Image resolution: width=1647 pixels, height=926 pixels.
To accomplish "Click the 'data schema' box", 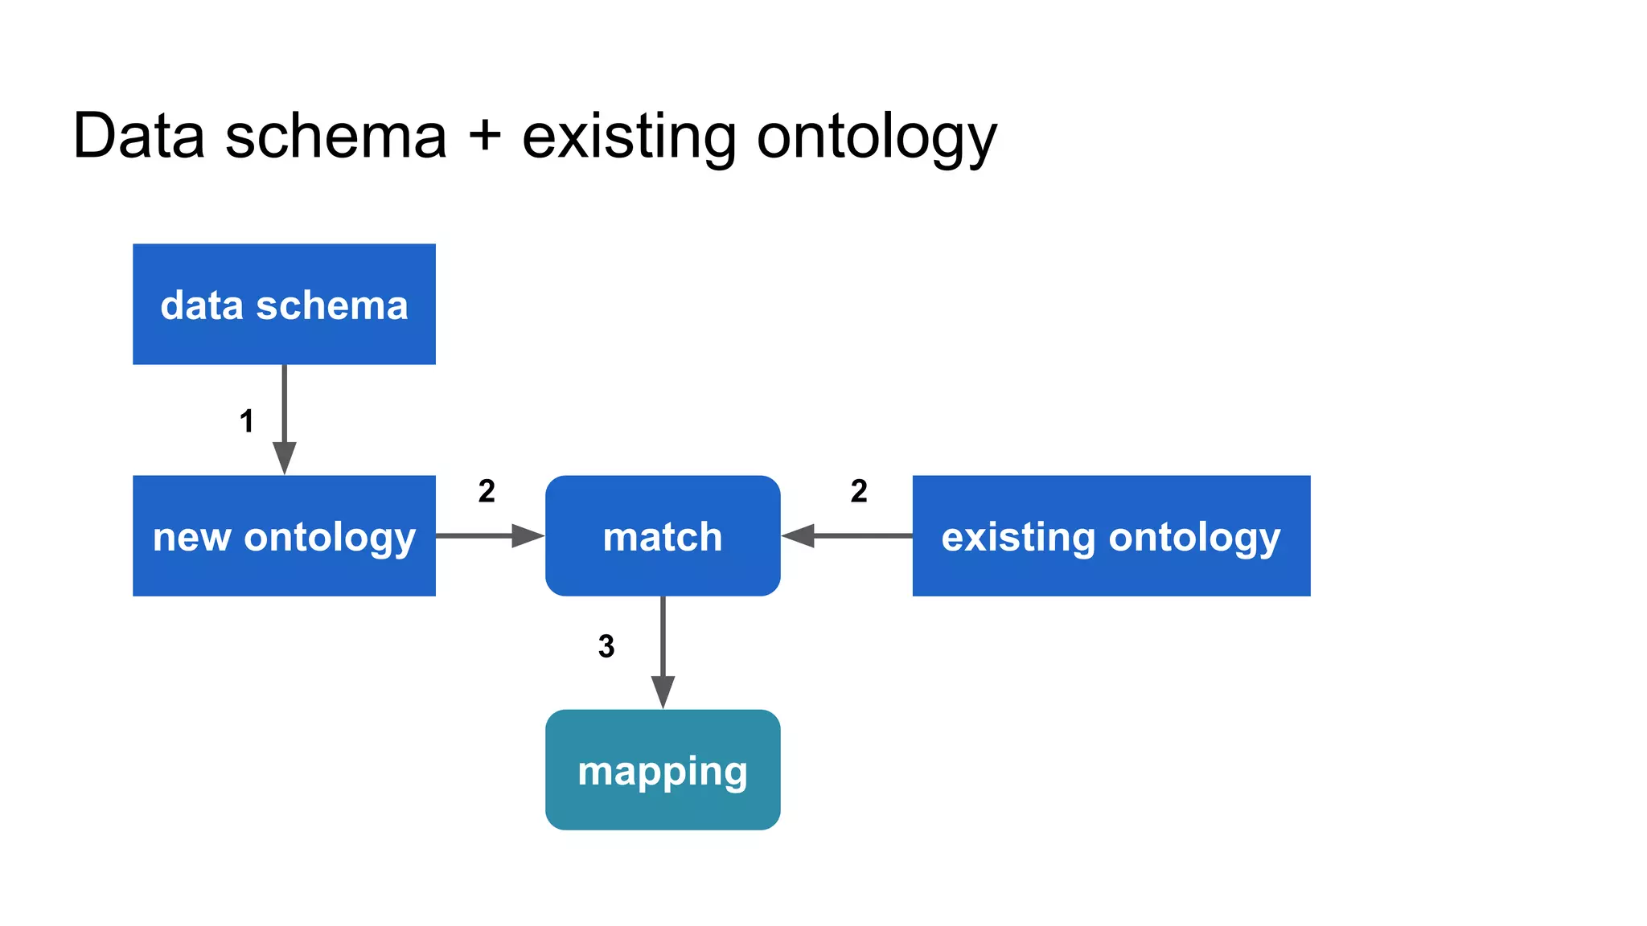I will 284,304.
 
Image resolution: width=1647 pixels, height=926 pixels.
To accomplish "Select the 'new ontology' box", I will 284,535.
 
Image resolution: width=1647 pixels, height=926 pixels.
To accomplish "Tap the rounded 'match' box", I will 663,535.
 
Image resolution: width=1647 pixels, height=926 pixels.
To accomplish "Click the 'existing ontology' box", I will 1111,535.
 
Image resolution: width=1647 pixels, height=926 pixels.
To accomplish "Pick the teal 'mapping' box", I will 663,769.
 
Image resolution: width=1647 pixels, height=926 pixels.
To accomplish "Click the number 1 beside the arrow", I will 247,421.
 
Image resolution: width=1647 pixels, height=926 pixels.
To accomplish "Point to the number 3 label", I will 606,646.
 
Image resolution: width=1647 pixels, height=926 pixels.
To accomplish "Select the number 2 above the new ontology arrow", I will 487,491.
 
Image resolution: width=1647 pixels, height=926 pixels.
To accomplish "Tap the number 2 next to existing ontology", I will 859,491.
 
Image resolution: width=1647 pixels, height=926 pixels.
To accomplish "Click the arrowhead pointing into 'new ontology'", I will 284,457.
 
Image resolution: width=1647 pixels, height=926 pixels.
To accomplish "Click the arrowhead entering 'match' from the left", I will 528,535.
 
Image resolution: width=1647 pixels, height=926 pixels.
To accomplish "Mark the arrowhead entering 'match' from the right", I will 799,535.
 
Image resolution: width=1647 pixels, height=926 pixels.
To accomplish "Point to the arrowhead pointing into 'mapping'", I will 663,691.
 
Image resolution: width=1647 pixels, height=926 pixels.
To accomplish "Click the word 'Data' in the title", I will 138,136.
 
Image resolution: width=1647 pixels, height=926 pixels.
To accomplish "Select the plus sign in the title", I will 484,136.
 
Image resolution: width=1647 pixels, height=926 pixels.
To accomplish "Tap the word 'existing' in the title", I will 628,136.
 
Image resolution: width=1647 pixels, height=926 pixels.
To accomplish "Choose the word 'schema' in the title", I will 335,136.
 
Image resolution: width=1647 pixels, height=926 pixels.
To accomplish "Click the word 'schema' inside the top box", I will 331,305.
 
